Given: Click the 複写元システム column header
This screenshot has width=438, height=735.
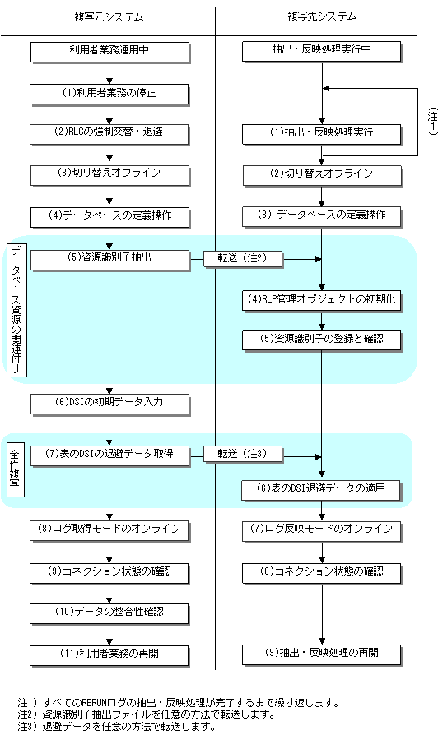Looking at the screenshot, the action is [x=109, y=17].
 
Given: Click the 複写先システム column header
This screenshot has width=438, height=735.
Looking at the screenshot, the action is [x=322, y=17].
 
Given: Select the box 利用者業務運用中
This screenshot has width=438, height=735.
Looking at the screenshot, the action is [x=109, y=52].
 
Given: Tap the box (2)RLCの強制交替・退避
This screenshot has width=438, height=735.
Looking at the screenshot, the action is [x=109, y=134].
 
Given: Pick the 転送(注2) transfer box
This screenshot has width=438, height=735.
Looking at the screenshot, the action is [x=243, y=259].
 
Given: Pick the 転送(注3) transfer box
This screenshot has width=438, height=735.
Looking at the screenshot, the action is [x=243, y=455].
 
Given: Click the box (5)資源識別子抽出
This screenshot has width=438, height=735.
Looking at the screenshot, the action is [x=110, y=260].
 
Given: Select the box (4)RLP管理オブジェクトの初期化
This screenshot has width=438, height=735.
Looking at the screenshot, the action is [x=322, y=301].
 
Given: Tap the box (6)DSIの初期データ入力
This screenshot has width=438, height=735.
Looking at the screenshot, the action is [x=110, y=404].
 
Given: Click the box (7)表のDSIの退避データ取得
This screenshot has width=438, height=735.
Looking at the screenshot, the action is [x=110, y=456].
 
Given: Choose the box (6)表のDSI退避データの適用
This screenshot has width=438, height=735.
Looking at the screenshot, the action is [x=322, y=491].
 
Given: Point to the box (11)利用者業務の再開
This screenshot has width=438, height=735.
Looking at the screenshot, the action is [x=109, y=656].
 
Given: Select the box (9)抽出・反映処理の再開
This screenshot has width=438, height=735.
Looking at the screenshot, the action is [x=322, y=655].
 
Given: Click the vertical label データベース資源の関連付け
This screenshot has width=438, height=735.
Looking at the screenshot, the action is [x=17, y=309].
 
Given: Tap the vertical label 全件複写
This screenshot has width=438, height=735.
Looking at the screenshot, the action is [x=16, y=470].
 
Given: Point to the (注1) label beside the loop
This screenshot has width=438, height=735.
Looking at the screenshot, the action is [x=432, y=122].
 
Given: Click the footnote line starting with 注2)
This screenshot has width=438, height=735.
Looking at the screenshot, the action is [x=146, y=714].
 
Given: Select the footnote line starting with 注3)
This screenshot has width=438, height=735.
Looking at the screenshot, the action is [x=116, y=726].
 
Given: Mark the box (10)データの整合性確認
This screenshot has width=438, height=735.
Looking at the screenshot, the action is [x=109, y=614].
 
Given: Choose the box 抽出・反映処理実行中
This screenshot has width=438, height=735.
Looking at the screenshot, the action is [x=322, y=52].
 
